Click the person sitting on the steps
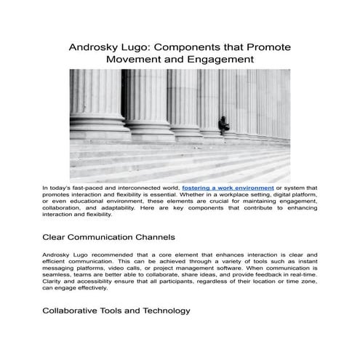coord(225,123)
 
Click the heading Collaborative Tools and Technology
coord(116,311)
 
